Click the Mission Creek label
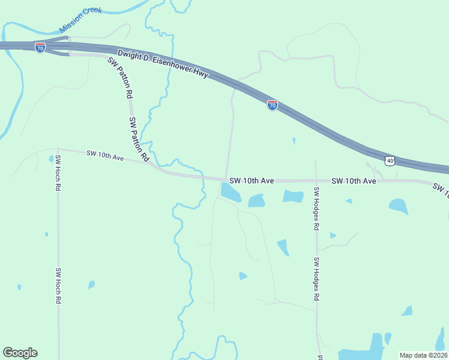[81, 20]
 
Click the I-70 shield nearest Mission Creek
[40, 47]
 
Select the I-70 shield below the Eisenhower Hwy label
[272, 106]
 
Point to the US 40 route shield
[390, 161]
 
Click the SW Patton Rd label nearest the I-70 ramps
[120, 77]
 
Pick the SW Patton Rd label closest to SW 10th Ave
[139, 139]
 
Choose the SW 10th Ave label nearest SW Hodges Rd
[354, 181]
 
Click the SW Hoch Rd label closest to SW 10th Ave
[58, 174]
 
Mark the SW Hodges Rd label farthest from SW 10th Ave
[316, 279]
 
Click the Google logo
[20, 353]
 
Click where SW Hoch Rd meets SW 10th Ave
[58, 150]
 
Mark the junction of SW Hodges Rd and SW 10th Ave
[316, 181]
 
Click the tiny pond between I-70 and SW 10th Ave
[294, 142]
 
